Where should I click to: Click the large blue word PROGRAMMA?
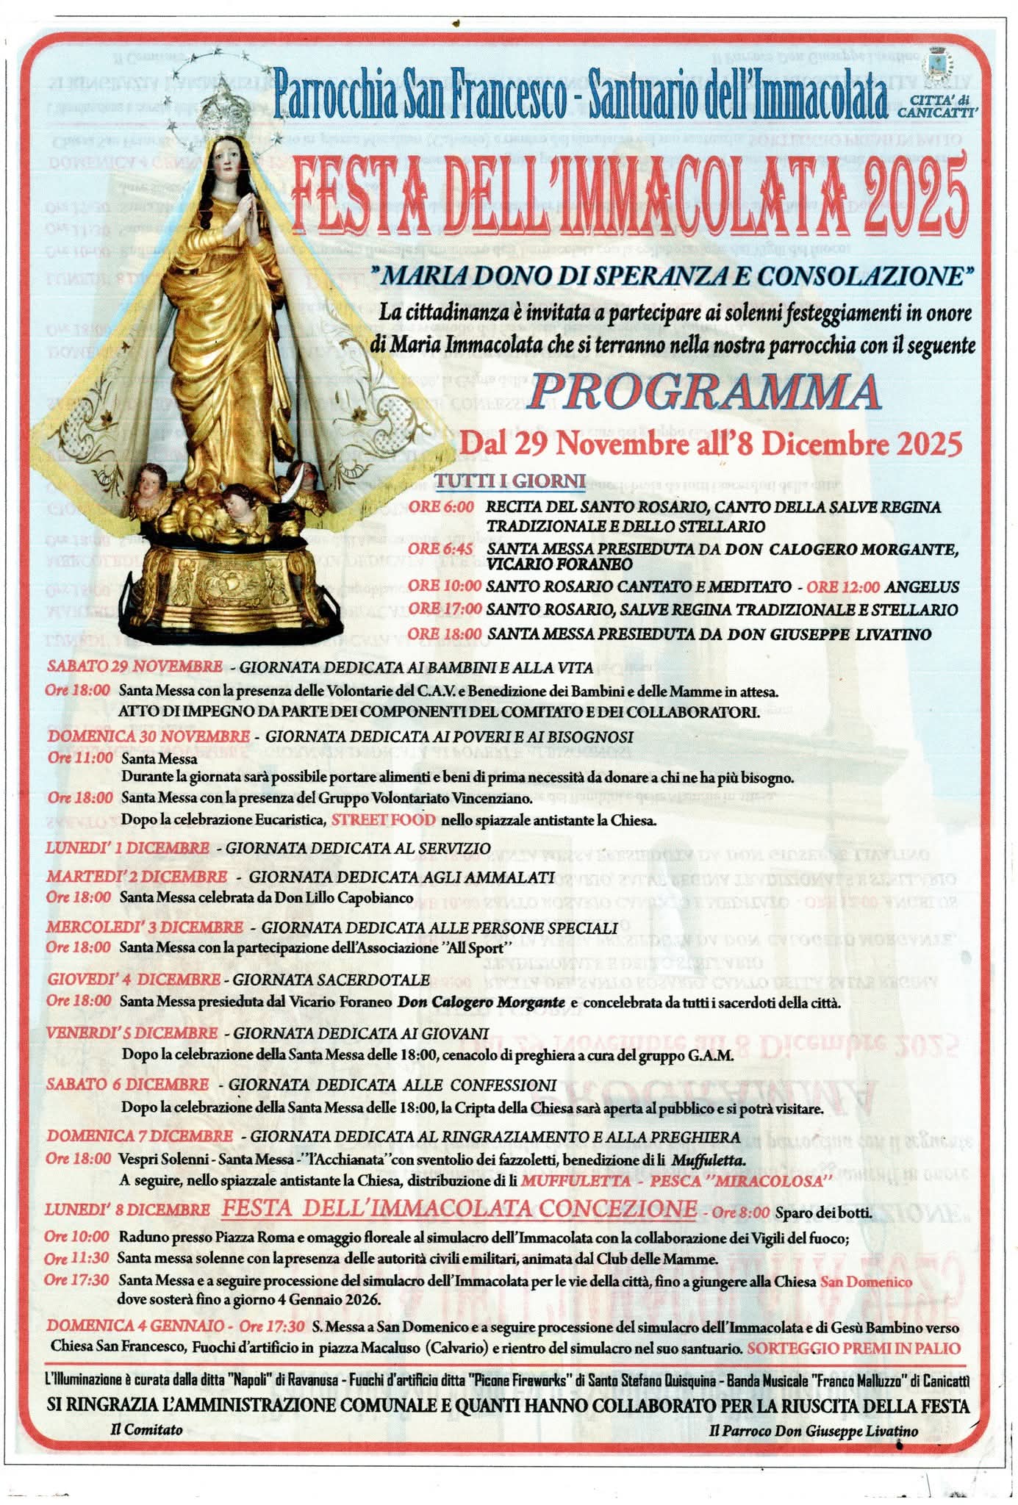pyautogui.click(x=704, y=392)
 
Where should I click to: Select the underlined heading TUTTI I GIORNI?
pyautogui.click(x=520, y=482)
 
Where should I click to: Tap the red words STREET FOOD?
pyautogui.click(x=383, y=820)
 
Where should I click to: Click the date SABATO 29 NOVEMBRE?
pyautogui.click(x=135, y=667)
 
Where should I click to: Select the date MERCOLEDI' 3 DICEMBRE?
pyautogui.click(x=144, y=927)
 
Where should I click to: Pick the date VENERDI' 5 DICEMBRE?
pyautogui.click(x=132, y=1033)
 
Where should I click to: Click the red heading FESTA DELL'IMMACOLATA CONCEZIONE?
pyautogui.click(x=459, y=1208)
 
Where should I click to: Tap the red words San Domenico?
pyautogui.click(x=866, y=1282)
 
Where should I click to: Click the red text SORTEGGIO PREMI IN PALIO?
pyautogui.click(x=854, y=1348)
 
